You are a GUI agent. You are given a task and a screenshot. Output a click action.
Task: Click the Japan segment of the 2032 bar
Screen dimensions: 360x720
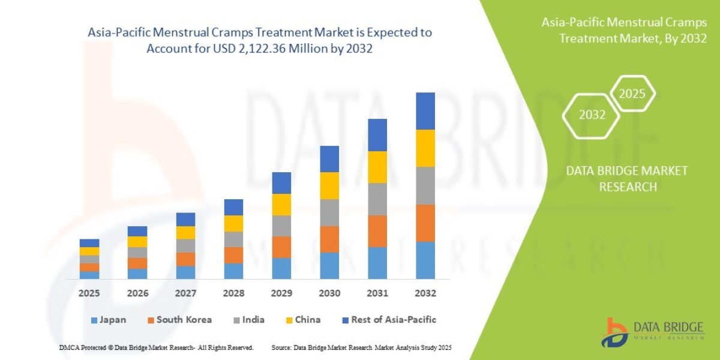coord(425,260)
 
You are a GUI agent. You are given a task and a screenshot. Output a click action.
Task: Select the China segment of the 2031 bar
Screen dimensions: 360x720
coord(377,167)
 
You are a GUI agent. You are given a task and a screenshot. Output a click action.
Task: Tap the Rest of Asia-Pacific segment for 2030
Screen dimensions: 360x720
coord(329,158)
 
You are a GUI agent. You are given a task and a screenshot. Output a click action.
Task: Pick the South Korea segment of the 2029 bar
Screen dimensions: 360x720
coord(281,247)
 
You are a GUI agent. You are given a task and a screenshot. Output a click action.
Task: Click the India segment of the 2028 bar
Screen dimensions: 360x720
coord(233,239)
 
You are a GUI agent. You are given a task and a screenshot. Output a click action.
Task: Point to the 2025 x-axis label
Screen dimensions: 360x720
coord(89,293)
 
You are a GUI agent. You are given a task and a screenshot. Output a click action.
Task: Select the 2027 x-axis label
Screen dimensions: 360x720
coord(185,293)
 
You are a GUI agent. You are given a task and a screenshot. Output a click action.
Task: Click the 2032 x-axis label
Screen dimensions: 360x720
coord(425,293)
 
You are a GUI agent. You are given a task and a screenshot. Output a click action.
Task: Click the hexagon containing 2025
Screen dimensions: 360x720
coord(632,94)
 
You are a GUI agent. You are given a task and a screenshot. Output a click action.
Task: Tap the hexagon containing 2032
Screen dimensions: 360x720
coord(592,115)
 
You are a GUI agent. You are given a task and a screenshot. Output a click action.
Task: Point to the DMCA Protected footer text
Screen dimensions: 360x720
coord(156,347)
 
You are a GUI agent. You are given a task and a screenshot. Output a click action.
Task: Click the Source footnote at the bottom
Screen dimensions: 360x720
coord(361,347)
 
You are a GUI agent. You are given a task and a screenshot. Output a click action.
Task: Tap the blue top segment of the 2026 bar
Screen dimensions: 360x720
coord(137,231)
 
